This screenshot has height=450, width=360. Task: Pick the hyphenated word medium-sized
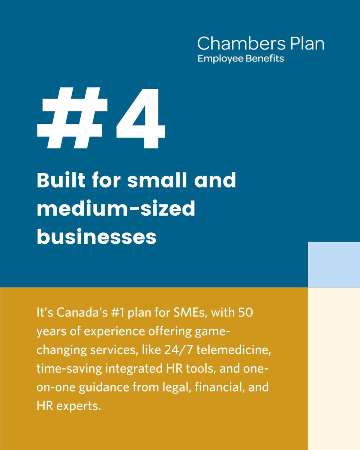tap(116, 209)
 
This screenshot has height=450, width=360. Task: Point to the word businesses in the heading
tap(96, 237)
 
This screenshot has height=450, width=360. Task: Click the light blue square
tap(334, 264)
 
